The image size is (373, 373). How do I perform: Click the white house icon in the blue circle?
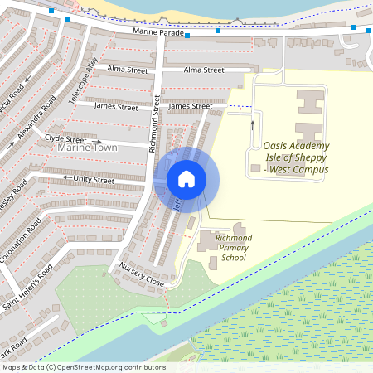(x=186, y=179)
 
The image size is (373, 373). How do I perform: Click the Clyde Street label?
(x=65, y=139)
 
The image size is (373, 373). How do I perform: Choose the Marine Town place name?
(x=87, y=148)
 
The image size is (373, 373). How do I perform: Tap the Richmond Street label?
(x=153, y=125)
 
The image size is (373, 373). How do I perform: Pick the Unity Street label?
(x=94, y=180)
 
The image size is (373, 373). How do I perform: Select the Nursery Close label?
(x=143, y=275)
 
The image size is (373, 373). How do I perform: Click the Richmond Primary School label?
(x=233, y=248)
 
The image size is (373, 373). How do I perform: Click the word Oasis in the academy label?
(x=279, y=146)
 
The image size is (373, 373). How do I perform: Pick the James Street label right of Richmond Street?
(x=191, y=106)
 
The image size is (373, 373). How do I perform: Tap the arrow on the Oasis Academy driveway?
(x=253, y=124)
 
